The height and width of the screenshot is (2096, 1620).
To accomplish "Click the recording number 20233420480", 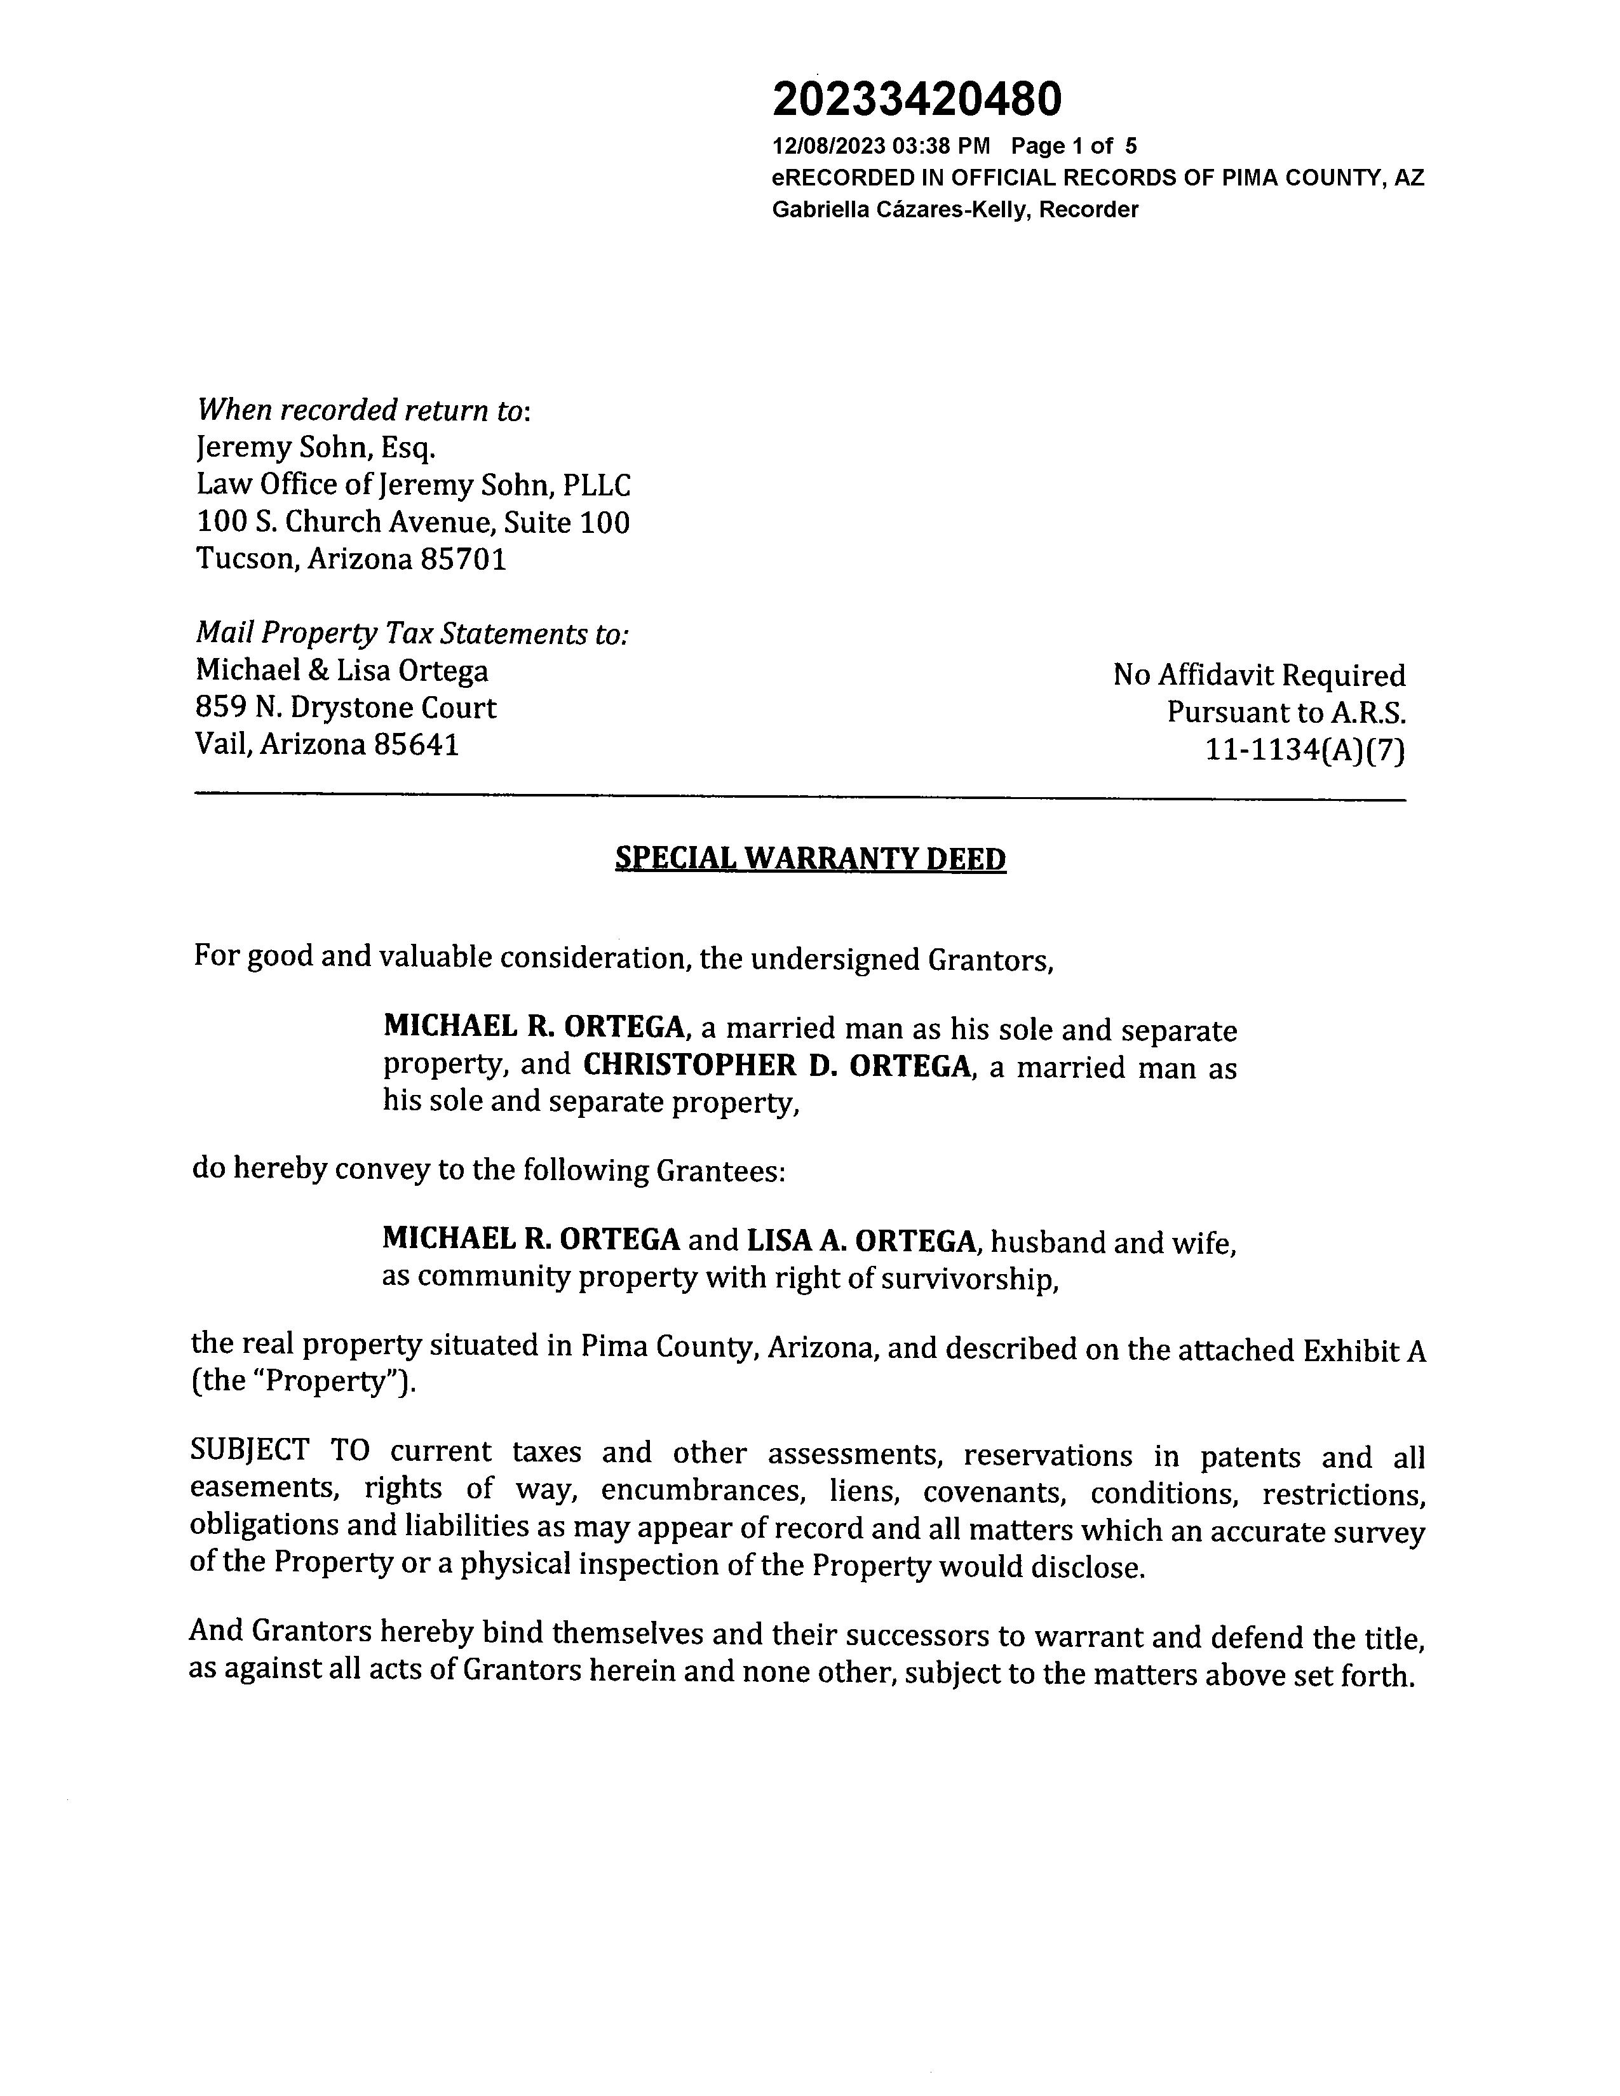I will point(917,99).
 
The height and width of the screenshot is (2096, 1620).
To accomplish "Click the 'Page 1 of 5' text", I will point(1074,146).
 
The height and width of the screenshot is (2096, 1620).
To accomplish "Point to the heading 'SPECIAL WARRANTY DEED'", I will point(810,858).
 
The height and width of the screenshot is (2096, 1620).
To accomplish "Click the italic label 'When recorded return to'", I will point(362,410).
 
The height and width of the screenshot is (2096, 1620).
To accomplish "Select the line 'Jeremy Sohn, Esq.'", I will point(316,447).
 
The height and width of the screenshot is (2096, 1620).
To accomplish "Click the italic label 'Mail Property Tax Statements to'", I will point(412,633).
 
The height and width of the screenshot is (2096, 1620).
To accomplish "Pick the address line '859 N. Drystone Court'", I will point(346,708).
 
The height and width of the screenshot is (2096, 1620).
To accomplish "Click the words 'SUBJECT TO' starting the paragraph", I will point(280,1451).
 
